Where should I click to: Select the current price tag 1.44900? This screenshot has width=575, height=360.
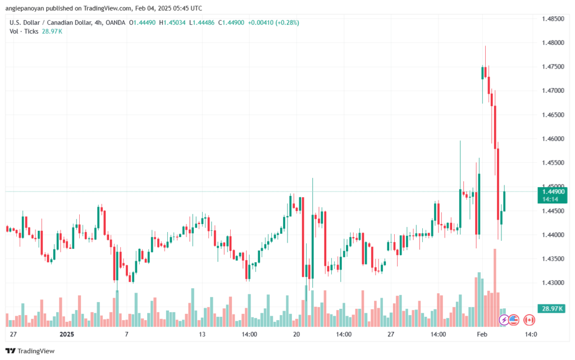tap(553, 192)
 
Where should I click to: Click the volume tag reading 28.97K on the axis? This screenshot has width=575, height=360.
tap(553, 309)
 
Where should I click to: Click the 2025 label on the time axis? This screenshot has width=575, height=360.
tap(67, 334)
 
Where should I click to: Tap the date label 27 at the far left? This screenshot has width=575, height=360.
tap(13, 334)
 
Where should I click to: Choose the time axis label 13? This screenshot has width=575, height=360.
tap(203, 334)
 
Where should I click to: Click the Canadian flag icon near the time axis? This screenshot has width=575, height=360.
tap(528, 320)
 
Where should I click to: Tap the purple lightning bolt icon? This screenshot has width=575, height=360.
tap(504, 320)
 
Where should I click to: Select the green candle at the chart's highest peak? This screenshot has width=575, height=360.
tap(483, 72)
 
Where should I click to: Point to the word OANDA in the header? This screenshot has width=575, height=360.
tap(115, 22)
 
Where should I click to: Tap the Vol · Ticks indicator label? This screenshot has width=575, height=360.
tap(24, 31)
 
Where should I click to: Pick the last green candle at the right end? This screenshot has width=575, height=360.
tap(504, 201)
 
